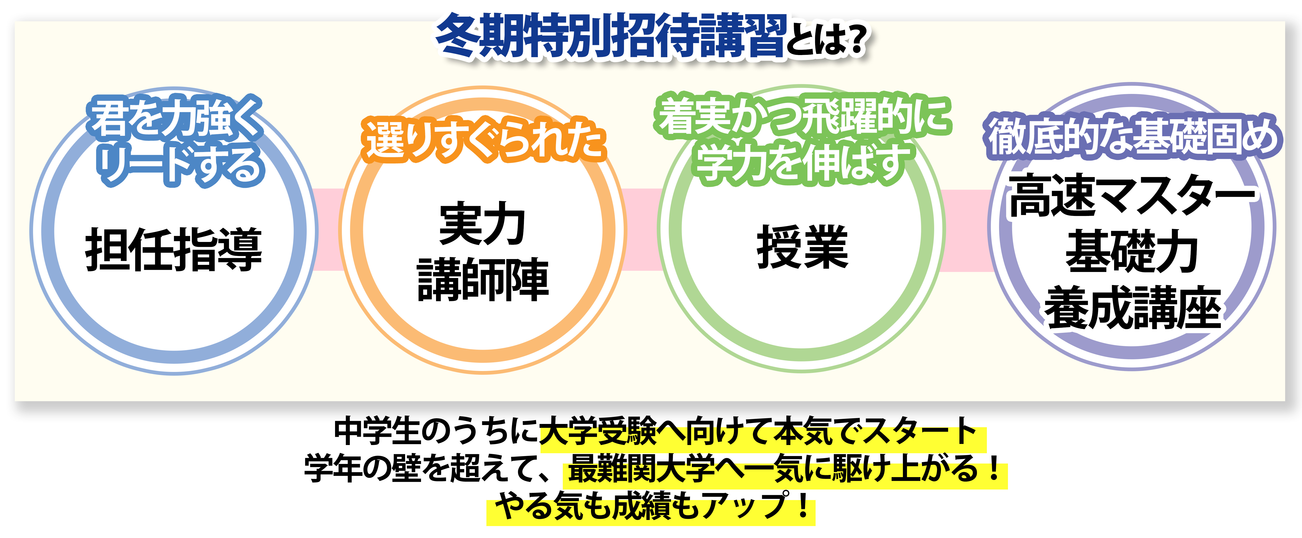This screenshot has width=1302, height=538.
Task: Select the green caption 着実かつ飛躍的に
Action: pyautogui.click(x=803, y=116)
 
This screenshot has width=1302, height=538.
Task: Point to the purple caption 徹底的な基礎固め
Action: pyautogui.click(x=1132, y=135)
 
